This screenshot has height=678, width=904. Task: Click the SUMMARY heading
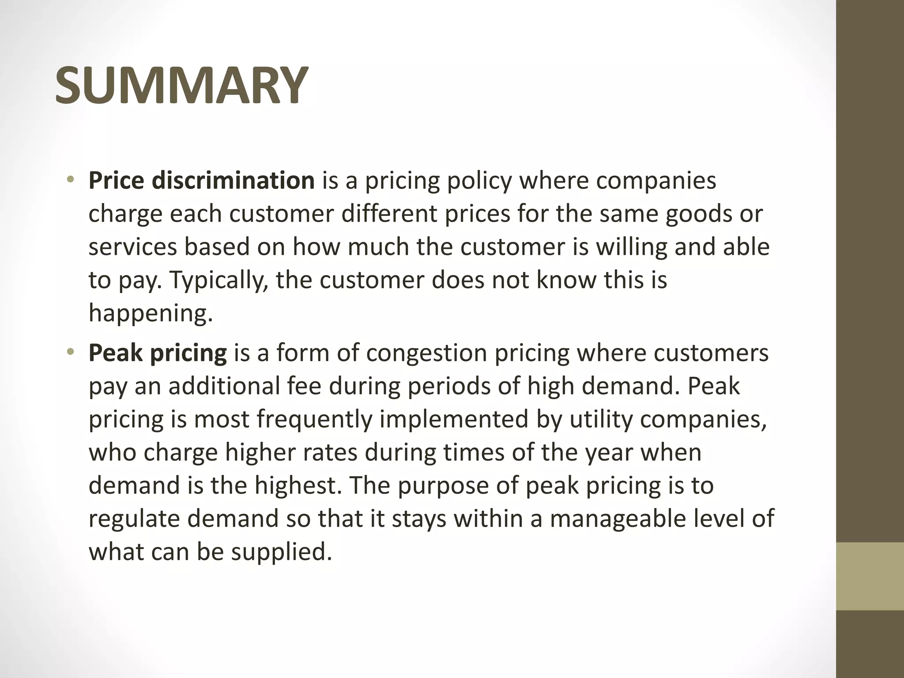[x=181, y=85]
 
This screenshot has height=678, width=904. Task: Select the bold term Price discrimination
[x=201, y=181]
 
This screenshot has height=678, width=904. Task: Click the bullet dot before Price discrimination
[x=70, y=180]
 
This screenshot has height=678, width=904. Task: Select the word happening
[x=151, y=313]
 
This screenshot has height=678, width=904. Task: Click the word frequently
[x=315, y=419]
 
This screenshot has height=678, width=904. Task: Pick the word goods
[x=698, y=214]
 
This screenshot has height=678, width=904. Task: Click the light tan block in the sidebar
[x=870, y=576]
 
